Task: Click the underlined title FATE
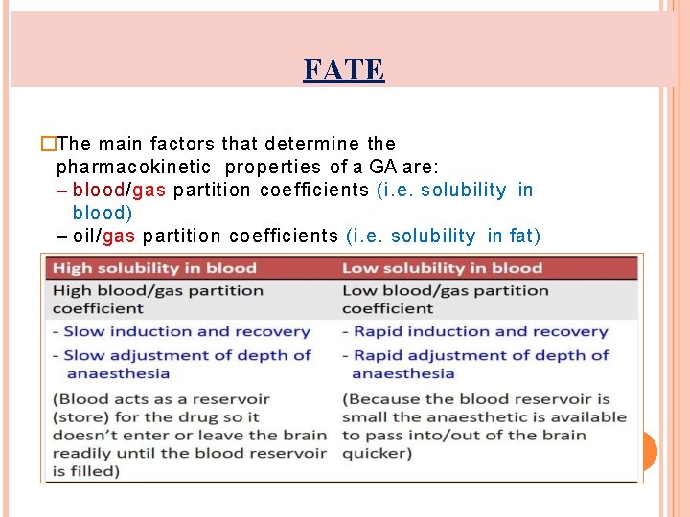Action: click(344, 70)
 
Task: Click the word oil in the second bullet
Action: click(85, 236)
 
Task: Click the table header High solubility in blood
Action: click(154, 268)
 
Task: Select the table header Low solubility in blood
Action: click(442, 268)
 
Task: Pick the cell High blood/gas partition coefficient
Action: click(157, 299)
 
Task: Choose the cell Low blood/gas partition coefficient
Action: click(445, 299)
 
